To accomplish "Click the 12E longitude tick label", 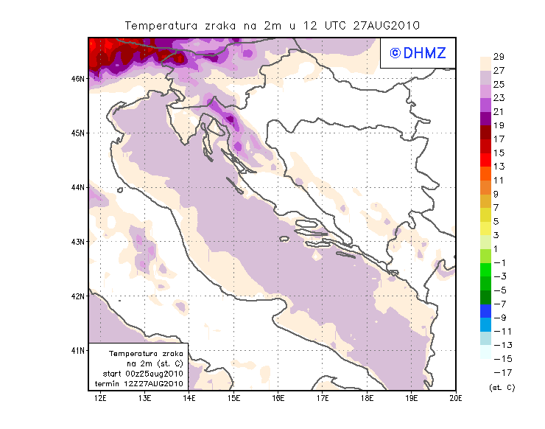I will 101,398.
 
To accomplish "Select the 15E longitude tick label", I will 234,398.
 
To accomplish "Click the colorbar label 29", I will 499,57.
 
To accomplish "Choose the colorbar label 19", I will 499,125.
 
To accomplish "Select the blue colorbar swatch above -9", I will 485,311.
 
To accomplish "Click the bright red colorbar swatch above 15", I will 485,146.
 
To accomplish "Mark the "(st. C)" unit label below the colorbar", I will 502,387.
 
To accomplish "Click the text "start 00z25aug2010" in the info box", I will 139,374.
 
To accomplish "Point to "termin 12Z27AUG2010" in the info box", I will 139,384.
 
